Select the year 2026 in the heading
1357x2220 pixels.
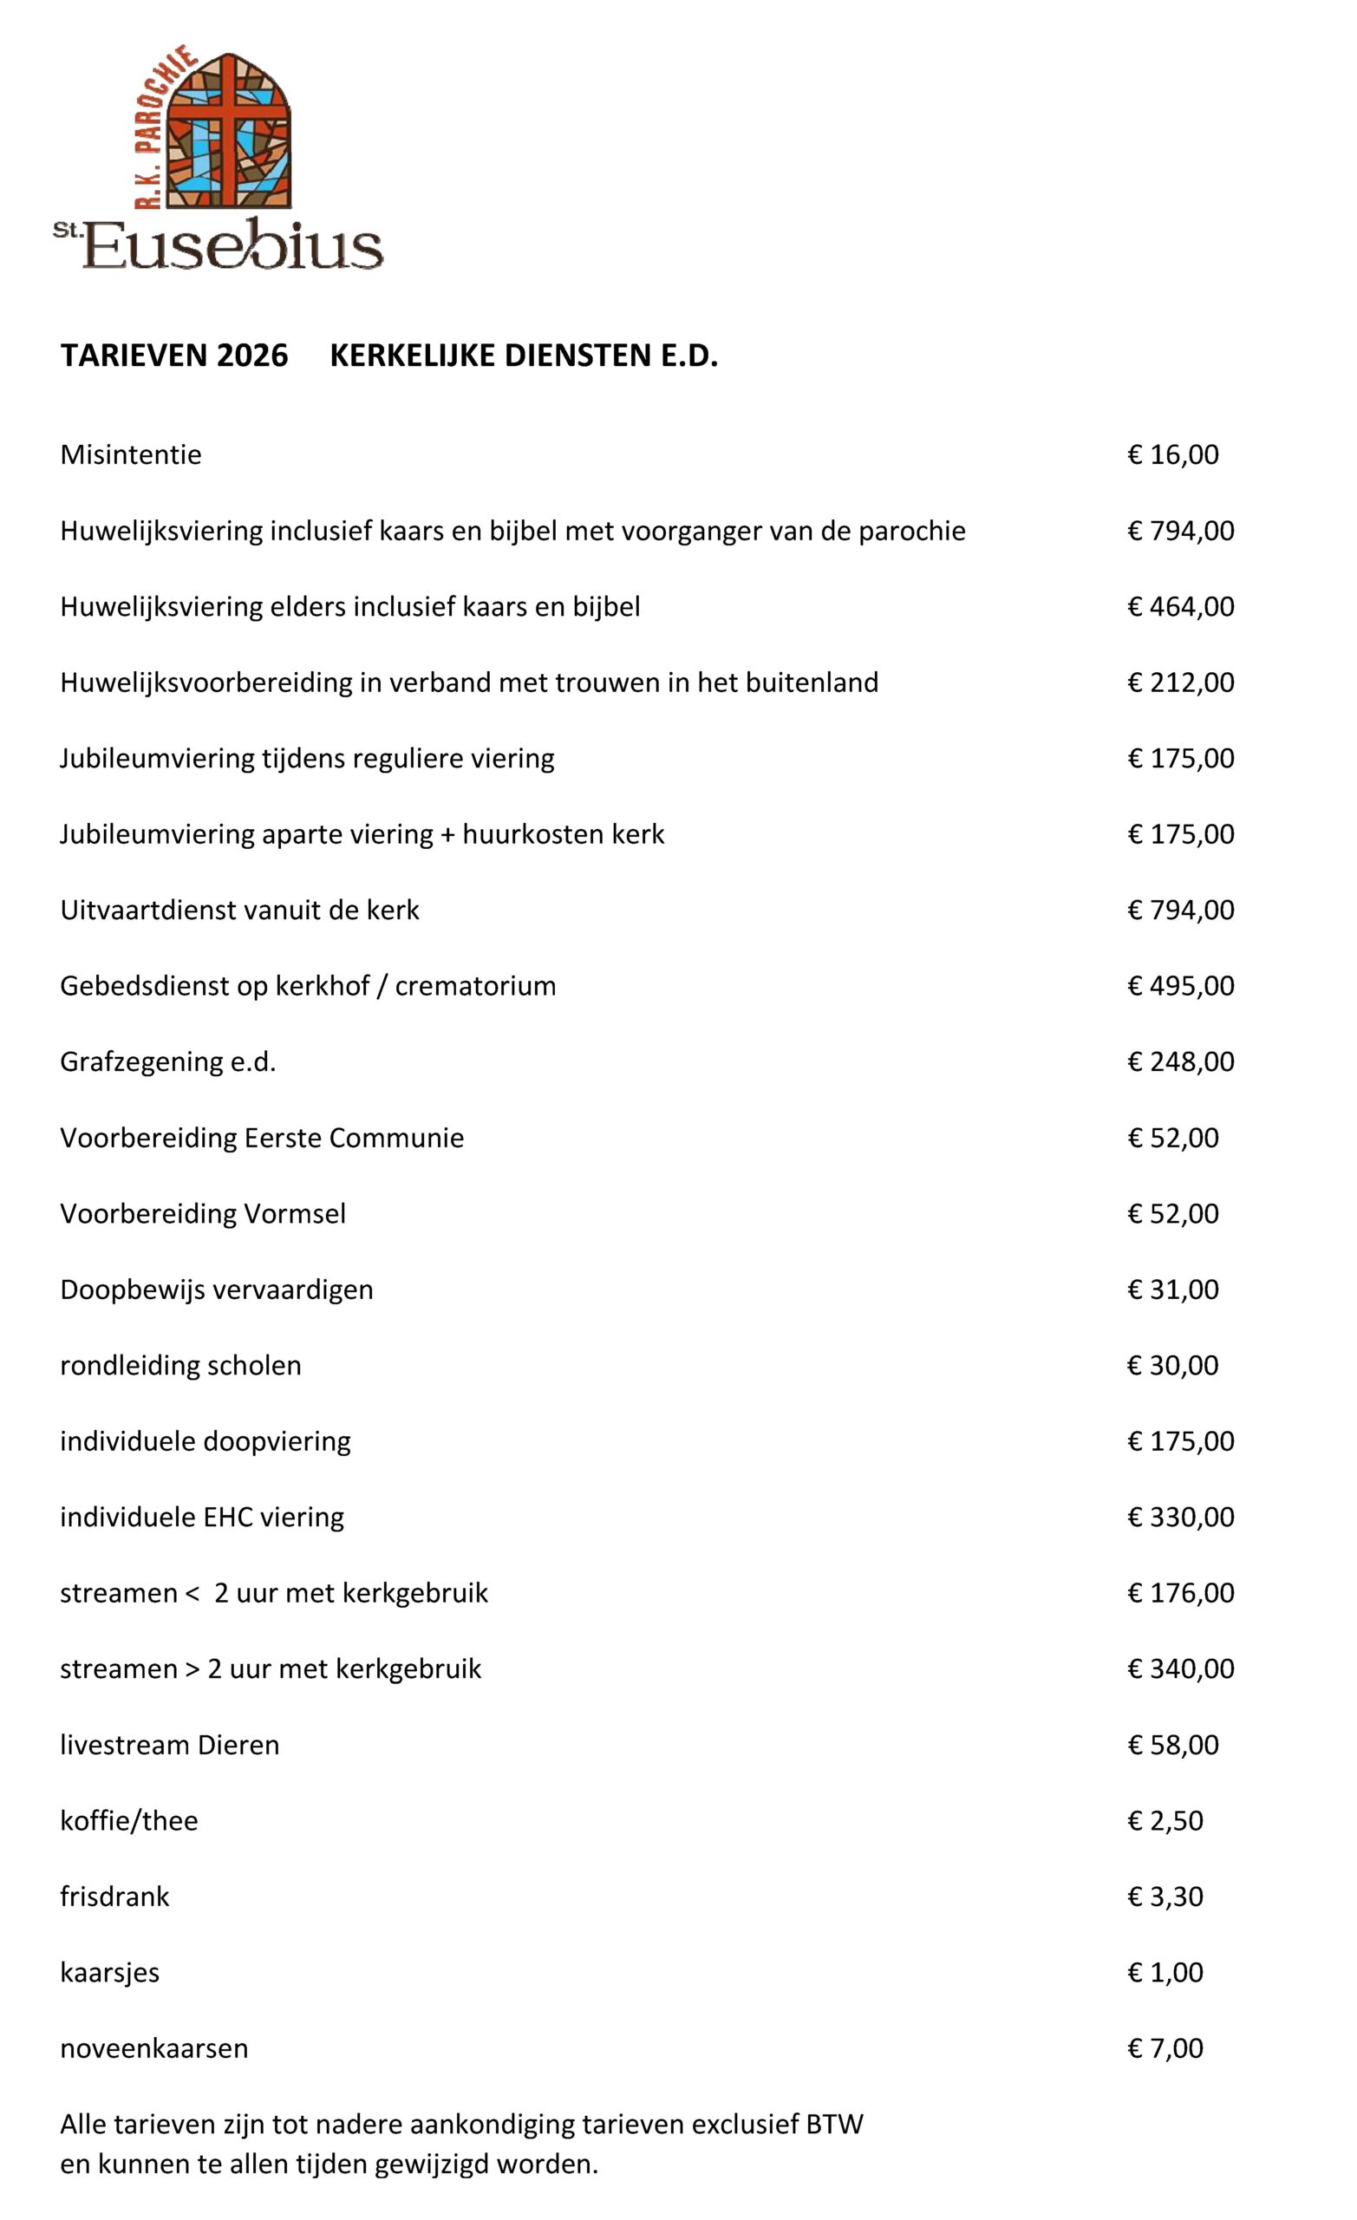(252, 356)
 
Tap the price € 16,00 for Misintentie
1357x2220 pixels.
(1172, 454)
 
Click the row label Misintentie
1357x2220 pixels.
(131, 454)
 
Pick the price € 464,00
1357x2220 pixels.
(1180, 606)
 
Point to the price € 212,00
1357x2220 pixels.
(1180, 682)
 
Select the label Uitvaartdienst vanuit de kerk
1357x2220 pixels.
(239, 910)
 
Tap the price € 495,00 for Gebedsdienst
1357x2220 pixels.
(1180, 986)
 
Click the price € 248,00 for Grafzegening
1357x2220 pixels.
(1180, 1061)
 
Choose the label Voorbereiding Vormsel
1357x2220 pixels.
(203, 1213)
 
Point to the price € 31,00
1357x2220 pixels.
(1172, 1290)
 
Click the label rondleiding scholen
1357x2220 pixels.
(180, 1365)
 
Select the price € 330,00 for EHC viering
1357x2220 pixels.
(1180, 1518)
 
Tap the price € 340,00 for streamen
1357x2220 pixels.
(1180, 1668)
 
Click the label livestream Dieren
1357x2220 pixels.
(169, 1745)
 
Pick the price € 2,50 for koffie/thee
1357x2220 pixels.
(1165, 1821)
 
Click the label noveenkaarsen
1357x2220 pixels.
(154, 2048)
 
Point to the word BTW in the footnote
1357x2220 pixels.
(834, 2125)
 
